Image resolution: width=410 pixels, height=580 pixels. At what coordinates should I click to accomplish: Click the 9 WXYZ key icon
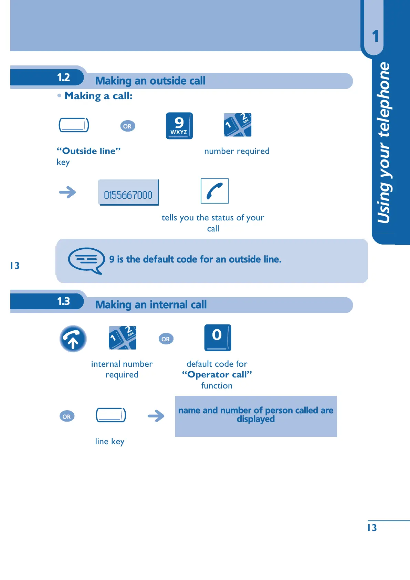[x=179, y=126]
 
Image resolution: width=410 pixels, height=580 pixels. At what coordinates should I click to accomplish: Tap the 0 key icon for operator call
[x=218, y=338]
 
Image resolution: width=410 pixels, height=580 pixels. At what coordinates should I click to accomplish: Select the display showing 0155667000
[x=128, y=193]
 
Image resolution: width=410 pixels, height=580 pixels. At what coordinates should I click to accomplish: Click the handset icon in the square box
[x=214, y=191]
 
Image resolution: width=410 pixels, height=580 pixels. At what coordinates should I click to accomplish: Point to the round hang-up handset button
[x=73, y=339]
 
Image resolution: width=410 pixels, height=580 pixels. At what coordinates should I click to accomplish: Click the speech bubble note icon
[x=86, y=260]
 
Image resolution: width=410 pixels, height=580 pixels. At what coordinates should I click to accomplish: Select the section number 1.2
[x=63, y=77]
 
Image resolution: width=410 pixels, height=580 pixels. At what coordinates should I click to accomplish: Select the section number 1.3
[x=63, y=301]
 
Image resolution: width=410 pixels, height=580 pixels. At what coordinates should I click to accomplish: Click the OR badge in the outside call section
[x=127, y=126]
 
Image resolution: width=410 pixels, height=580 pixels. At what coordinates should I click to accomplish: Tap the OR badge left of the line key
[x=67, y=416]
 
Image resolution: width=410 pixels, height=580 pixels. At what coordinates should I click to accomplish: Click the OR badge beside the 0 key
[x=166, y=339]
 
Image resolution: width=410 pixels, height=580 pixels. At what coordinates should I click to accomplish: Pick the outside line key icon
[x=74, y=125]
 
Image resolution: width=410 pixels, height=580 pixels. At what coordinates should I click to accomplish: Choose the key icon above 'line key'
[x=111, y=415]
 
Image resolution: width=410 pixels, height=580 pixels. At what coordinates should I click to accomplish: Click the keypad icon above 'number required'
[x=238, y=125]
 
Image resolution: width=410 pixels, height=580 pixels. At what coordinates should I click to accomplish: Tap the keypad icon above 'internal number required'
[x=123, y=338]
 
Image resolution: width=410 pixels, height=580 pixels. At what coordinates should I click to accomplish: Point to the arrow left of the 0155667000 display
[x=67, y=192]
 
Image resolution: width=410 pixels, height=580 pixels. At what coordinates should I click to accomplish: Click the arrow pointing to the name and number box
[x=156, y=416]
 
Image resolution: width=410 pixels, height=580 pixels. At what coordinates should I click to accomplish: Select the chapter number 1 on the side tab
[x=375, y=36]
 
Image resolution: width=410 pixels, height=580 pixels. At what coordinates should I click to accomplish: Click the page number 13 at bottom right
[x=372, y=528]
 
